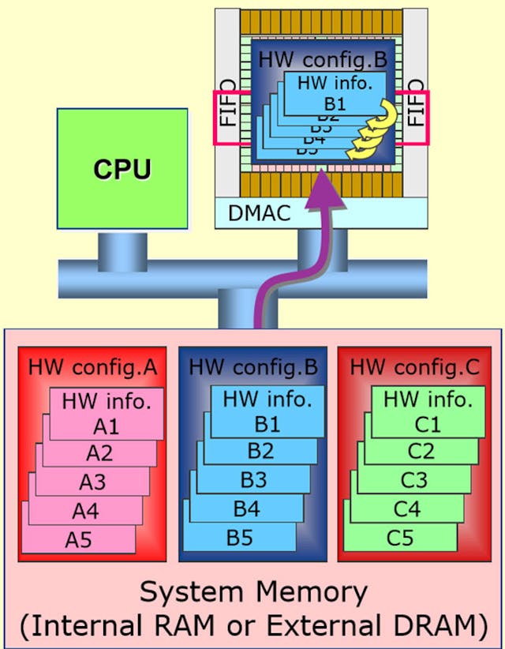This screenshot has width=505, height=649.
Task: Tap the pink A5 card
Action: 79,540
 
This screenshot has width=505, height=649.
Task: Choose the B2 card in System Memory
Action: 260,452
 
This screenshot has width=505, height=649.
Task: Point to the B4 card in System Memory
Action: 246,508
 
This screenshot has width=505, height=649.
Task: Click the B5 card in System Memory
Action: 240,538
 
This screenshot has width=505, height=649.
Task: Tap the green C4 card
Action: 407,508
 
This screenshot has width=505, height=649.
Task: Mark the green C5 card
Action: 400,538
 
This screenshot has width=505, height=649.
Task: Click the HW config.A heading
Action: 92,367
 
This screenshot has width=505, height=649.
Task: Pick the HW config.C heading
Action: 414,367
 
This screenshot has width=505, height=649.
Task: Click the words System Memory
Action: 252,592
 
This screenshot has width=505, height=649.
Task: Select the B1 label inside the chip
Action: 336,102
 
